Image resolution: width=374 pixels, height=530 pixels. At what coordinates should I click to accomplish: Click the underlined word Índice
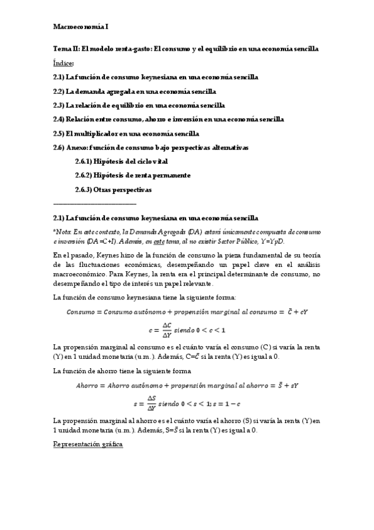[x=64, y=63]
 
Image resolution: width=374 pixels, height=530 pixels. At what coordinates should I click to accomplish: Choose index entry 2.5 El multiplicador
[x=126, y=133]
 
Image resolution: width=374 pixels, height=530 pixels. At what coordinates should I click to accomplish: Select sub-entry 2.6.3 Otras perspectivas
[x=113, y=189]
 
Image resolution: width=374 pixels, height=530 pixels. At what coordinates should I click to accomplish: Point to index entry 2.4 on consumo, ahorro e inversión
[x=168, y=119]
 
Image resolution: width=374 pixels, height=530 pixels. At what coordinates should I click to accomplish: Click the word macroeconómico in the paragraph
[x=82, y=274]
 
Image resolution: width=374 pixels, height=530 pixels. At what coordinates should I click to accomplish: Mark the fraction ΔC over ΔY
[x=167, y=329]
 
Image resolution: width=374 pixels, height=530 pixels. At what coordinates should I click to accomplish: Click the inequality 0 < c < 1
[x=209, y=330]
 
